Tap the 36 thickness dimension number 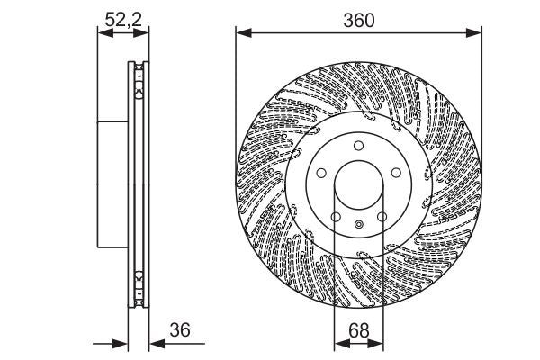tap(181, 330)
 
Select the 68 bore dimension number tap(359, 331)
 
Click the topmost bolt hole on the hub tap(357, 147)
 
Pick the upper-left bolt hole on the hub tap(321, 174)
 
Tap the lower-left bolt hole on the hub tap(335, 216)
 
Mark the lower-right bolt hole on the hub tap(381, 216)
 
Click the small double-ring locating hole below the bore tap(358, 225)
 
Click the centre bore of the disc tap(358, 185)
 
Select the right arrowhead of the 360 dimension tap(476, 33)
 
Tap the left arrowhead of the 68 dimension tap(339, 343)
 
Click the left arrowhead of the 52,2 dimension tap(100, 34)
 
